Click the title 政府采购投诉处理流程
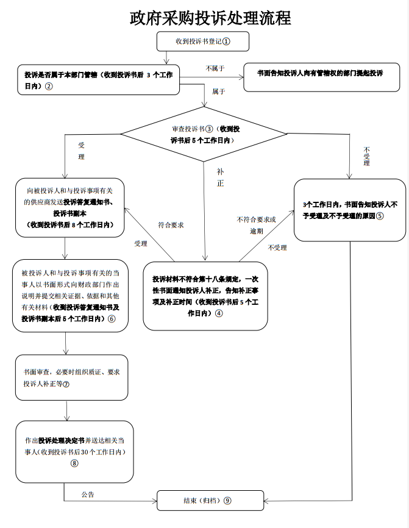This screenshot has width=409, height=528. pos(209,17)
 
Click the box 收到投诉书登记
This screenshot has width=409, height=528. pos(194,41)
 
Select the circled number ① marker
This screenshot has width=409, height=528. pos(226,41)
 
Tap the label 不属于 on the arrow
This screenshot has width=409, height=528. pos(215,68)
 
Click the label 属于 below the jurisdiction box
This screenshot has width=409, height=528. pos(218,91)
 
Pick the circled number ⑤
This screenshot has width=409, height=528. pos(379,215)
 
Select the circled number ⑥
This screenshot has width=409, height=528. pos(112,318)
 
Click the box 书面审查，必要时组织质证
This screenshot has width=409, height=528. pos(72,378)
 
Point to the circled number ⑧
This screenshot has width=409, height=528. pos(74,463)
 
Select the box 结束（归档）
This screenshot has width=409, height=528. pos(203,501)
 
